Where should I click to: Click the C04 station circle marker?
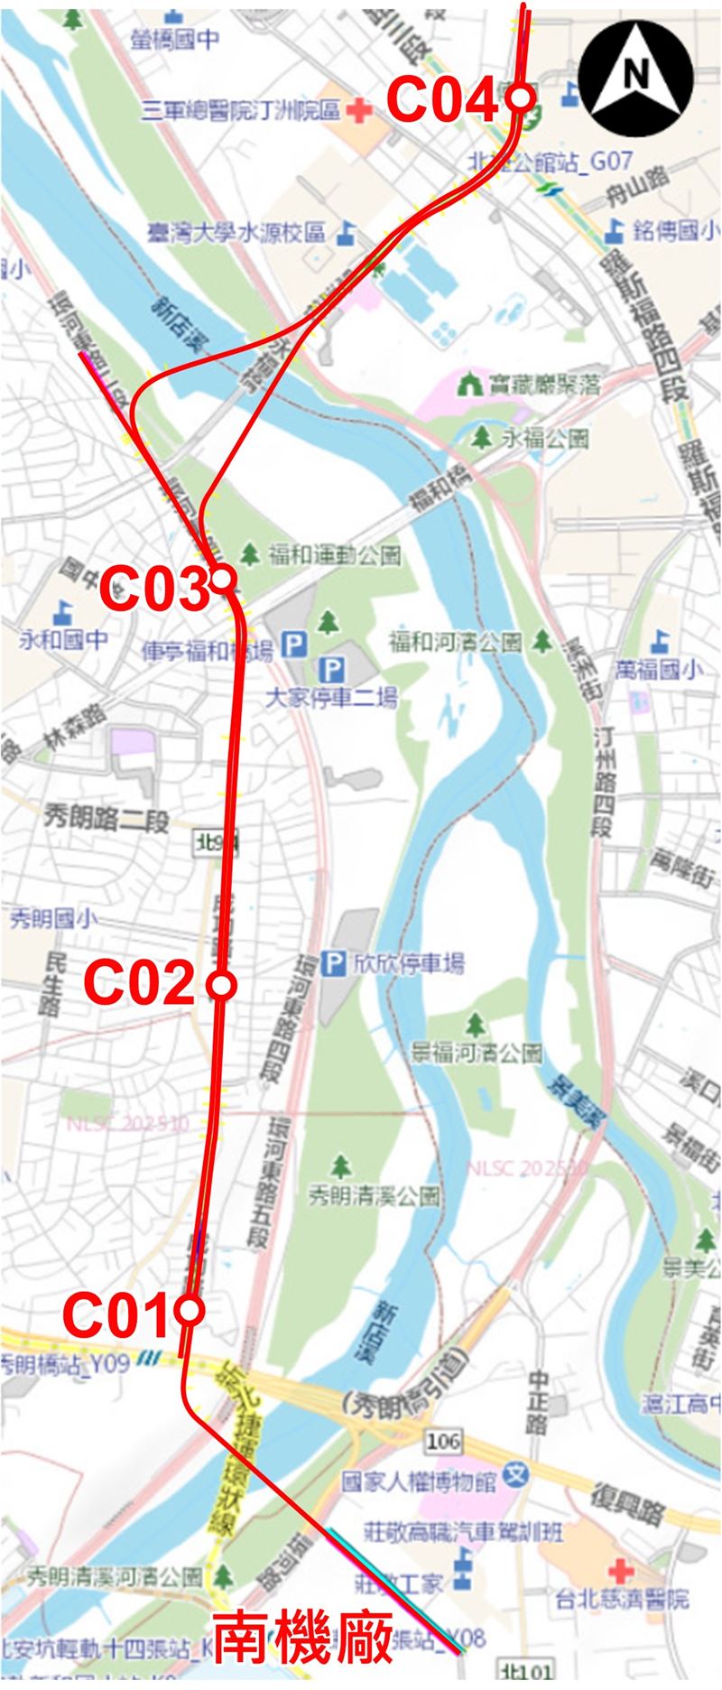click(521, 97)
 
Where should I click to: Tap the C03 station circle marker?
click(222, 579)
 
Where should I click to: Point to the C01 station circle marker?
click(190, 1310)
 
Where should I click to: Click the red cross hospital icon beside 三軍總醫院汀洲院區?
click(359, 111)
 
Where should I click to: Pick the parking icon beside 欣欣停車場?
click(334, 964)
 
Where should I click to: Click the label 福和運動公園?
click(334, 553)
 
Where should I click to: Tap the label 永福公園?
click(545, 439)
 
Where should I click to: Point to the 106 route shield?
click(443, 1440)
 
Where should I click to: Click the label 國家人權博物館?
click(420, 1481)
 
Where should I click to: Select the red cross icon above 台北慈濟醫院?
click(622, 1568)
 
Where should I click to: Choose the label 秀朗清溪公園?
click(374, 1196)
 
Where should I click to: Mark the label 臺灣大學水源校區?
click(237, 233)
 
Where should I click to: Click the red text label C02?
click(140, 983)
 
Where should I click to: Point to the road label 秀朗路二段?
click(107, 821)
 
